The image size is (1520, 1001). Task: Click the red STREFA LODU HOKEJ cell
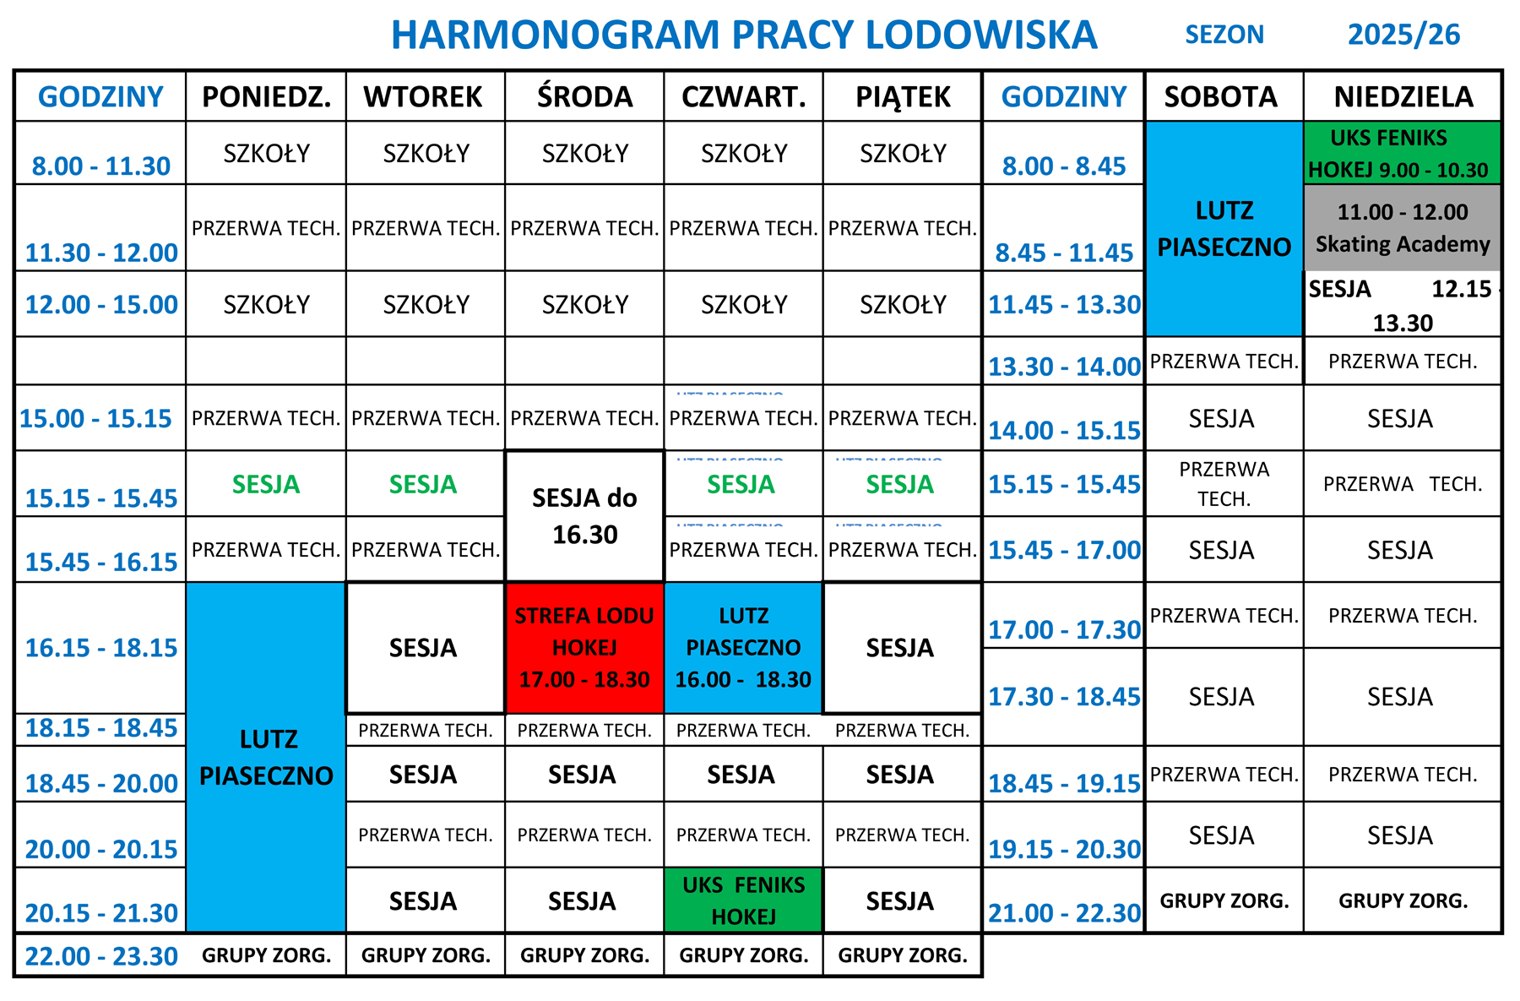click(584, 648)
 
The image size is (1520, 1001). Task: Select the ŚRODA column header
click(584, 97)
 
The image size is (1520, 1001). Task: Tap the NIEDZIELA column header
click(1403, 97)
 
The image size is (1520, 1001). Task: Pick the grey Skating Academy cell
click(1403, 228)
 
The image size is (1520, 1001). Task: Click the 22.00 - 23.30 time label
click(101, 956)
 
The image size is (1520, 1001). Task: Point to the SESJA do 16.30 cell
click(584, 516)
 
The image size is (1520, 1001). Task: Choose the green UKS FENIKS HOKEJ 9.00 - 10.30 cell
click(1403, 154)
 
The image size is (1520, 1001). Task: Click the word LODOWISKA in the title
click(981, 35)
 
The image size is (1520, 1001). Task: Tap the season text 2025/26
click(1403, 35)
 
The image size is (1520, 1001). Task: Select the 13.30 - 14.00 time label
click(1064, 367)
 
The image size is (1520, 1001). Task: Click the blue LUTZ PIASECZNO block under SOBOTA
click(1224, 228)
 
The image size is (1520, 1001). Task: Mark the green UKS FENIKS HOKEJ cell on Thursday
click(743, 900)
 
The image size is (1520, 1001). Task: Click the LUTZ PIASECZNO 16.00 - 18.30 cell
click(743, 648)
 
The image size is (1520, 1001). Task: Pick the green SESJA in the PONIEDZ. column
click(266, 485)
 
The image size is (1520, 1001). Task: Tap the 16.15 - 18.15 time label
click(101, 648)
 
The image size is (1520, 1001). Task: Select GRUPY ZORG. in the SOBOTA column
click(1224, 901)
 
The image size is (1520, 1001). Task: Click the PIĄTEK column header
click(903, 97)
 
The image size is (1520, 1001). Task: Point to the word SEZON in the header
click(1224, 35)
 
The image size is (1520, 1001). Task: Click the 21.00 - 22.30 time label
click(1064, 913)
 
